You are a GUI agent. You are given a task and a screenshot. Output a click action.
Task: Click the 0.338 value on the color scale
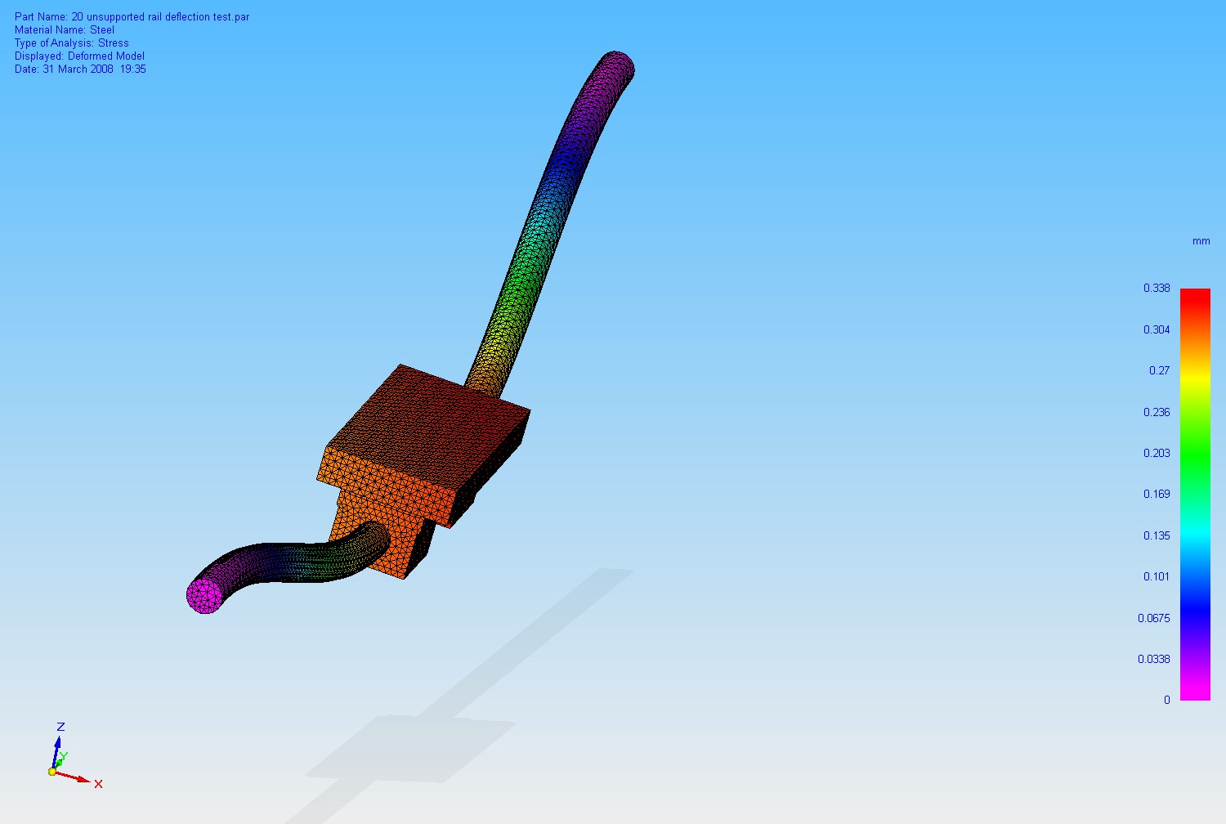pyautogui.click(x=1157, y=288)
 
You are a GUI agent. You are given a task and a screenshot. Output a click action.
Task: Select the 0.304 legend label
pyautogui.click(x=1157, y=329)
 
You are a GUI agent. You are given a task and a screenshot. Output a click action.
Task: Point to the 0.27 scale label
pyautogui.click(x=1159, y=370)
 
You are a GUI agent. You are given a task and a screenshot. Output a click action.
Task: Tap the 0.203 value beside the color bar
pyautogui.click(x=1157, y=453)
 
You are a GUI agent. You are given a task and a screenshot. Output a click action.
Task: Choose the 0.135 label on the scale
pyautogui.click(x=1157, y=535)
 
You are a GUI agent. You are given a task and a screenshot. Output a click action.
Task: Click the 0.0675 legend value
pyautogui.click(x=1154, y=618)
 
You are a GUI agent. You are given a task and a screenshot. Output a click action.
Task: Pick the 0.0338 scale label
pyautogui.click(x=1154, y=659)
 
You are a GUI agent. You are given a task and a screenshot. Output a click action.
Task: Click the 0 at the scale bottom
pyautogui.click(x=1167, y=701)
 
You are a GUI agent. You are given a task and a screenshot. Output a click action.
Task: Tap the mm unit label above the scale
pyautogui.click(x=1201, y=241)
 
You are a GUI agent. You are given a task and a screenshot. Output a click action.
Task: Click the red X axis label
pyautogui.click(x=99, y=784)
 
